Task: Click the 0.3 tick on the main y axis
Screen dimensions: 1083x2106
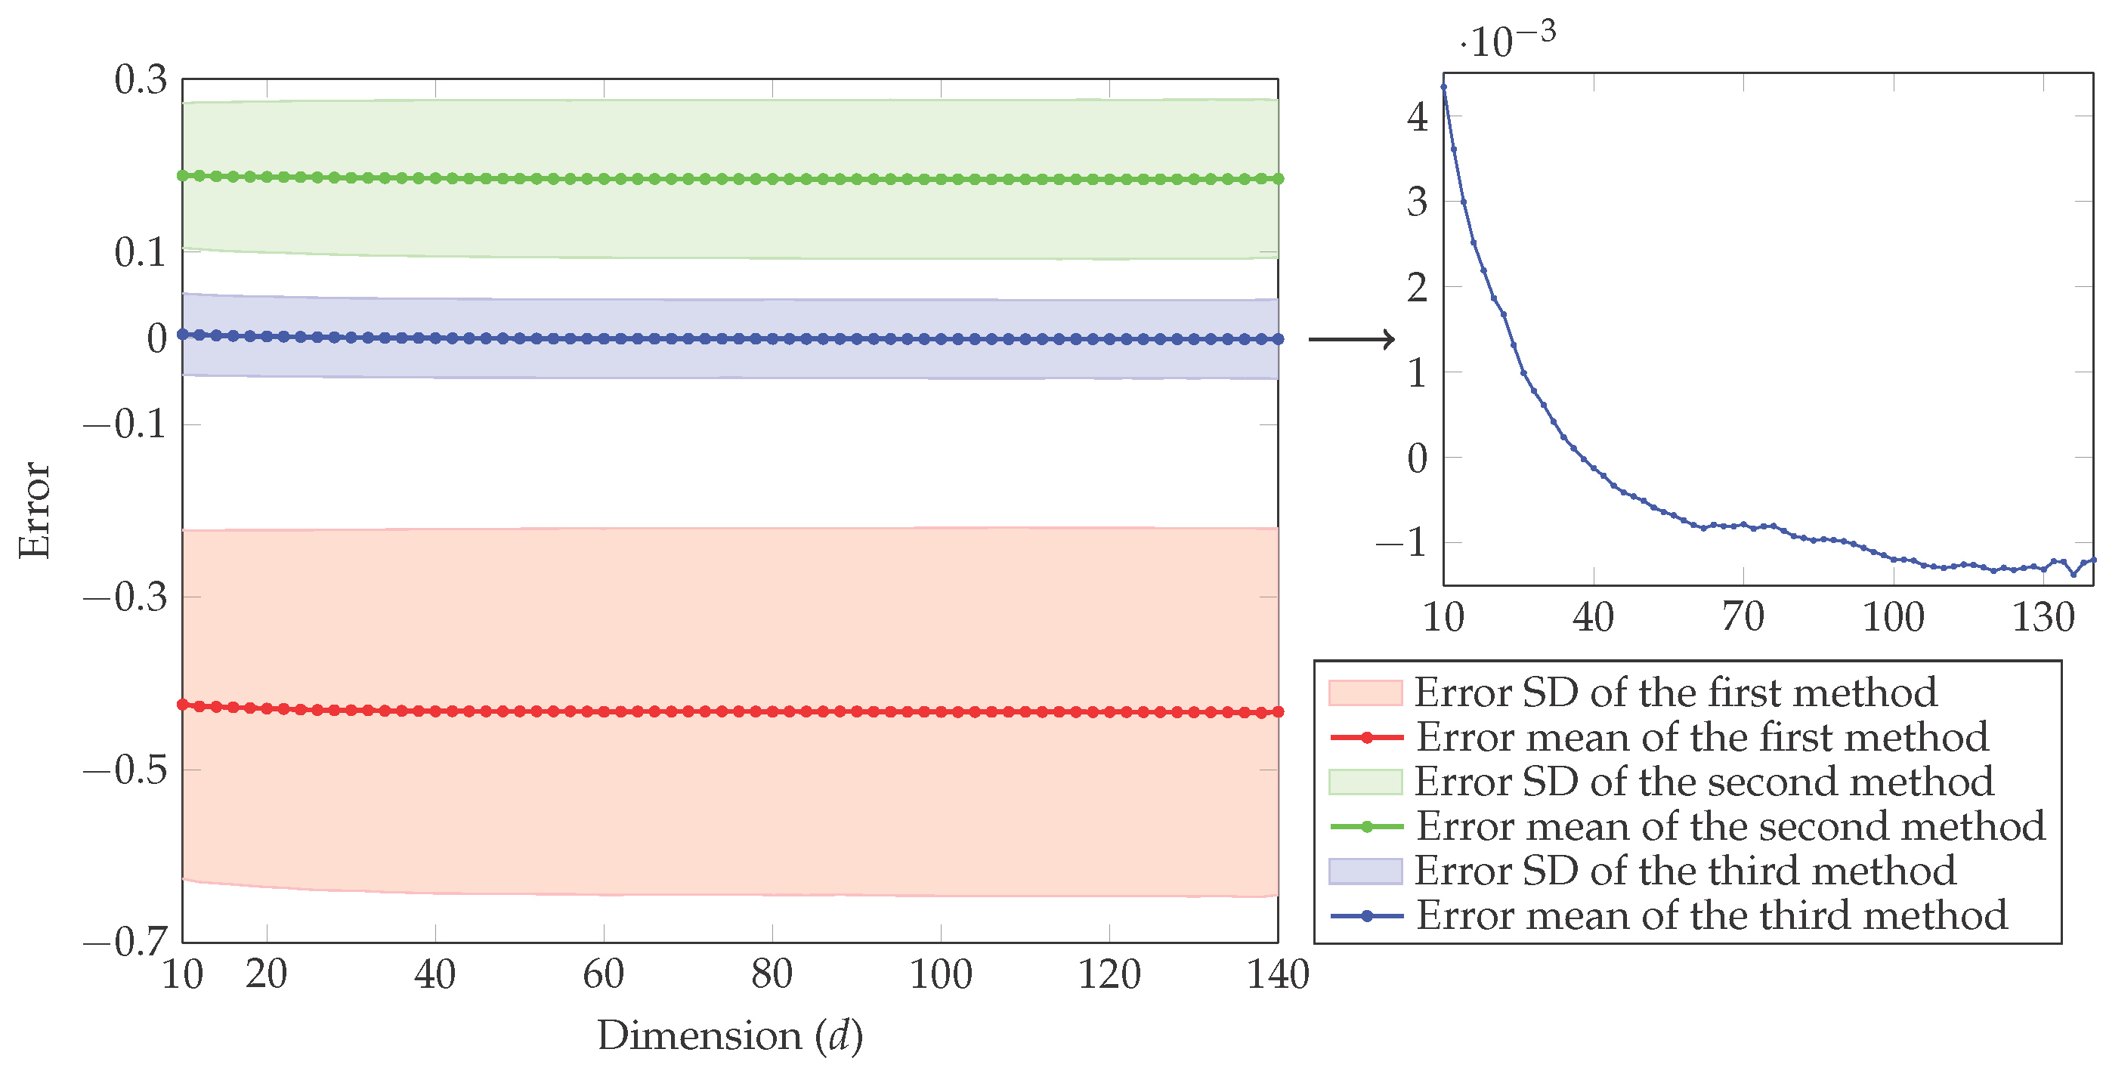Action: (x=140, y=80)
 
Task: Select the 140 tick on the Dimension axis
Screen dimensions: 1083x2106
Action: (x=1278, y=974)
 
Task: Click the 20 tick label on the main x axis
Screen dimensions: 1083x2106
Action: (x=267, y=974)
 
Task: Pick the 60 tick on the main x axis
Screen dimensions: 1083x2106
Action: (x=603, y=974)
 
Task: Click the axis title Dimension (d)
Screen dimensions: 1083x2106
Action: (x=730, y=1036)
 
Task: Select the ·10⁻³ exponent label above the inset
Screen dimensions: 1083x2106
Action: (x=1508, y=39)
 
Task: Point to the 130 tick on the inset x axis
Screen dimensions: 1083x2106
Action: (x=2043, y=617)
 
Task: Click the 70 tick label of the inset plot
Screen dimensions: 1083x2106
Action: (x=1743, y=617)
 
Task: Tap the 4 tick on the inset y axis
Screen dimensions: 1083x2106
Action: (x=1417, y=117)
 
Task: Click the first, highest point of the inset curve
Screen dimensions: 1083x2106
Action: (x=1444, y=87)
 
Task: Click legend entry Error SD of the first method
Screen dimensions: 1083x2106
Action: (x=1675, y=693)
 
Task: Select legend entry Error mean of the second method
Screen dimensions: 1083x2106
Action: (x=1730, y=826)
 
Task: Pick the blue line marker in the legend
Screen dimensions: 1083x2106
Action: (x=1366, y=915)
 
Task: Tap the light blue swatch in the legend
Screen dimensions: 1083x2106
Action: (x=1365, y=872)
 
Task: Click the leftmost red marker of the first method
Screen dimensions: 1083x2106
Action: (x=183, y=705)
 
